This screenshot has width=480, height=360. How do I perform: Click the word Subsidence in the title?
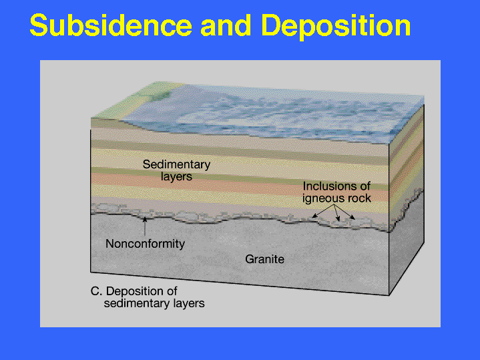111,25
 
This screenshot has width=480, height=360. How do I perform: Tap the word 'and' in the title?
226,25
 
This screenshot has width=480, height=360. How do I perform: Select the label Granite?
264,259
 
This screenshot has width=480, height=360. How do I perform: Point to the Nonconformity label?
145,244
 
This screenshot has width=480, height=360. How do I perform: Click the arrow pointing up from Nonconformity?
145,226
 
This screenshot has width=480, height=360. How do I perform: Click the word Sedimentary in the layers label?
176,164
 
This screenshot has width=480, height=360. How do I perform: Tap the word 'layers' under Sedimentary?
176,177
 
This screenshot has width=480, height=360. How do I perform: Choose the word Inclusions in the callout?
328,186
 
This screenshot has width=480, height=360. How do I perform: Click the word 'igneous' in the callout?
323,199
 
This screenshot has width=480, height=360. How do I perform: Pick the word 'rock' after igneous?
358,198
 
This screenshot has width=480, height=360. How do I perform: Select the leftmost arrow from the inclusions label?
322,212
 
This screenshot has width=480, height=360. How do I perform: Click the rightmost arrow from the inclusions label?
344,212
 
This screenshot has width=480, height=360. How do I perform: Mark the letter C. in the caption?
96,291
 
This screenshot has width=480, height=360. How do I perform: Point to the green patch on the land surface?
159,96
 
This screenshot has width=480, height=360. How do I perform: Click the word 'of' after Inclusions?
364,186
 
